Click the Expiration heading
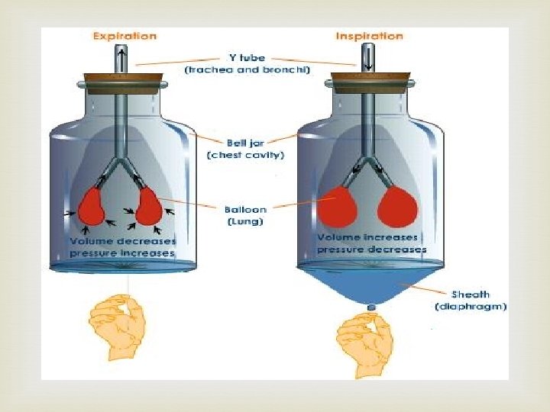click(125, 36)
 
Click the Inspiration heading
click(370, 36)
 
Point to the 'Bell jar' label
click(245, 143)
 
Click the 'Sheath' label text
click(471, 295)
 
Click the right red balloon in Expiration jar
click(149, 205)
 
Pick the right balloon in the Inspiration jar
click(397, 204)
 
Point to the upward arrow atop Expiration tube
click(121, 56)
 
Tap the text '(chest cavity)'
click(245, 155)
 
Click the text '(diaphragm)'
click(471, 307)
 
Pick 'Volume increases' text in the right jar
click(367, 237)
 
